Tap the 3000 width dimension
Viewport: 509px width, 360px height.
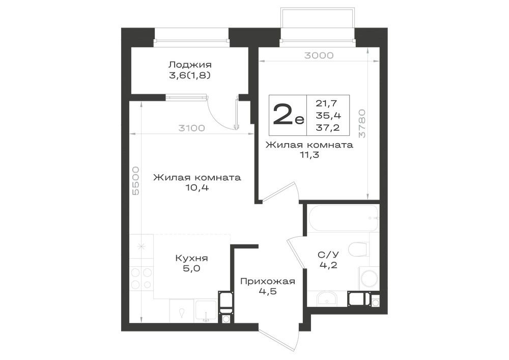319,56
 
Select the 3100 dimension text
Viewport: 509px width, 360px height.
192,128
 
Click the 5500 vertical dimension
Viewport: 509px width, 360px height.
135,181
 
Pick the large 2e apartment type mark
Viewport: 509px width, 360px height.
288,115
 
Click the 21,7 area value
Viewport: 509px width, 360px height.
327,103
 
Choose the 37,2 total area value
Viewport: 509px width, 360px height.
328,128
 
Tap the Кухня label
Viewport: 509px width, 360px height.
191,258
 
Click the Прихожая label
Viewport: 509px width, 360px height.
268,281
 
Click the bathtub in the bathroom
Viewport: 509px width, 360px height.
343,218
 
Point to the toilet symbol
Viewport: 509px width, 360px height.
359,250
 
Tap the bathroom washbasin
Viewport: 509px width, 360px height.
327,298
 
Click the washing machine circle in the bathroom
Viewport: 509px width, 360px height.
369,279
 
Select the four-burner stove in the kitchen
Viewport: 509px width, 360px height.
142,278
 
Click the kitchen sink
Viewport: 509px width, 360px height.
206,311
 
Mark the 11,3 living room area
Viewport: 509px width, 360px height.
309,155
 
